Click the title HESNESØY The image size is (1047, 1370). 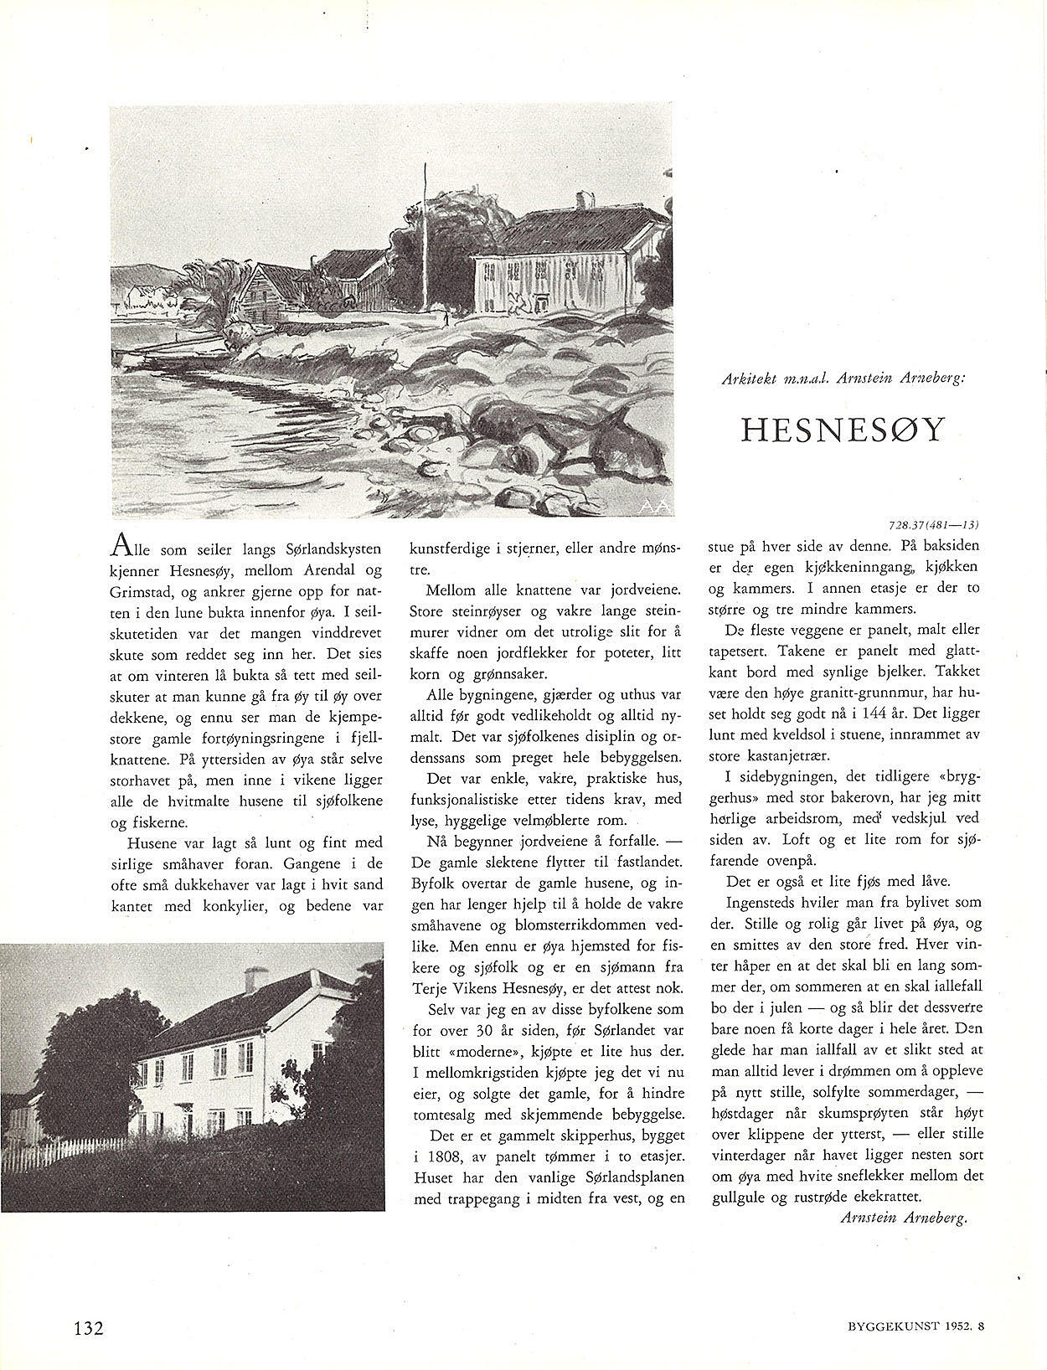[843, 430]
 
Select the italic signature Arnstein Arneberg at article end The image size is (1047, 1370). [903, 1218]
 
